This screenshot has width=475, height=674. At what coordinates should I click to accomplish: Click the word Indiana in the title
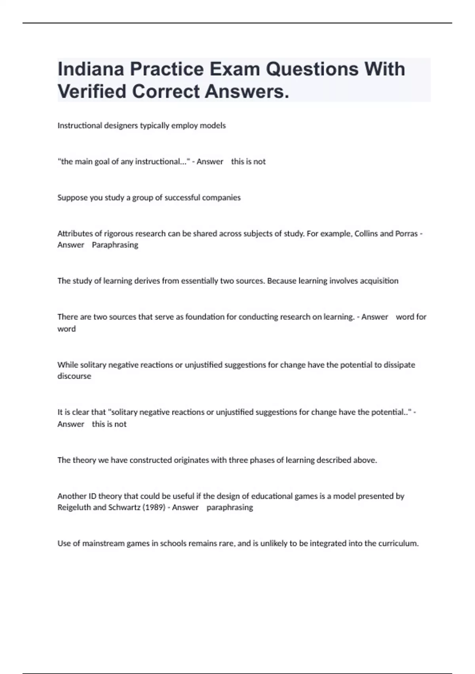pos(91,69)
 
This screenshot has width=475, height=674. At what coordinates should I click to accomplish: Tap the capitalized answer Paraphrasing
pos(115,245)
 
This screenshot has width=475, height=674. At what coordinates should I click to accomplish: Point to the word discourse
pos(74,376)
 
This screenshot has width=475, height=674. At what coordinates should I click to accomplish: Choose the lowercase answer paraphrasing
pos(230,507)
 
